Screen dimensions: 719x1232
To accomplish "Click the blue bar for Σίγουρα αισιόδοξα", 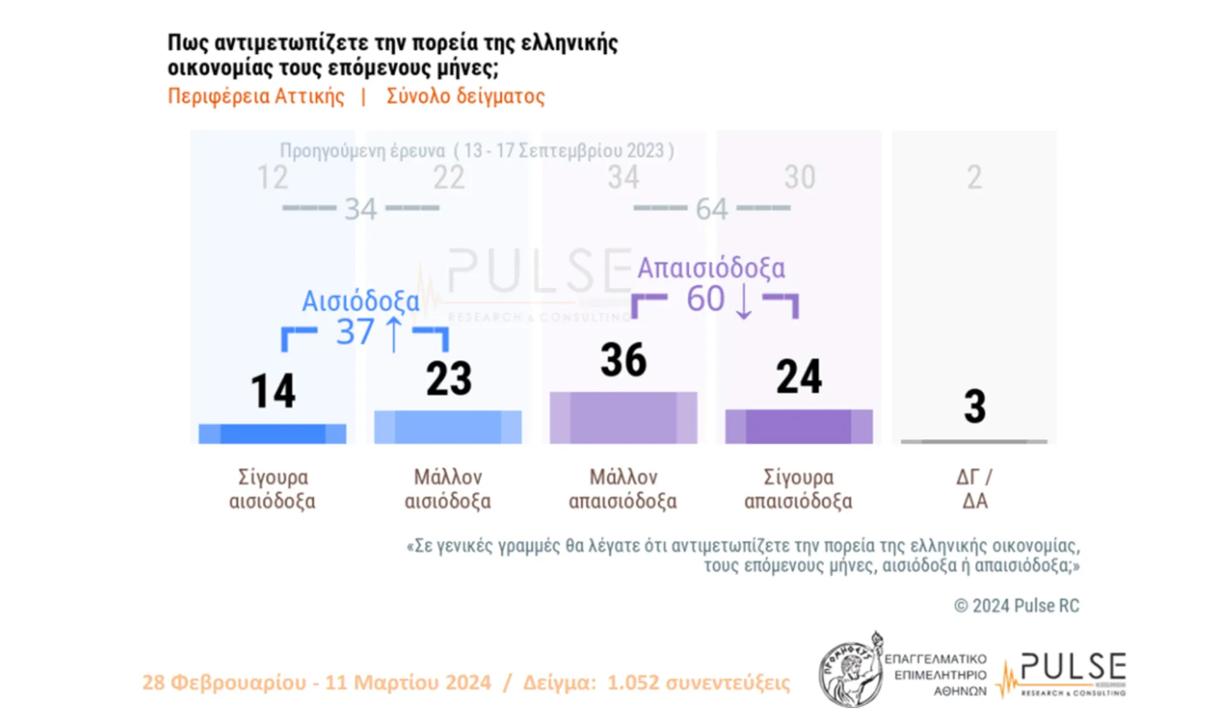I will pyautogui.click(x=272, y=434).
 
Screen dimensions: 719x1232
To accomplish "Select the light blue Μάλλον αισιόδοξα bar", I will pyautogui.click(x=448, y=427).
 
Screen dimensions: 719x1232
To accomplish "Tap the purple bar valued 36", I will pyautogui.click(x=623, y=417).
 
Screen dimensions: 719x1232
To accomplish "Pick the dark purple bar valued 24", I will pyautogui.click(x=798, y=426).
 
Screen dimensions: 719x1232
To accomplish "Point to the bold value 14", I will pyautogui.click(x=273, y=391).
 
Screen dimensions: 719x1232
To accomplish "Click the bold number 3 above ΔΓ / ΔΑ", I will pyautogui.click(x=974, y=406).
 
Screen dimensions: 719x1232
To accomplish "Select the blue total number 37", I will pyautogui.click(x=355, y=332).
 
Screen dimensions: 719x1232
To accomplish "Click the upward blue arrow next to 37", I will pyautogui.click(x=393, y=334).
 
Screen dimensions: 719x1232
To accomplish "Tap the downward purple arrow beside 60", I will pyautogui.click(x=743, y=300).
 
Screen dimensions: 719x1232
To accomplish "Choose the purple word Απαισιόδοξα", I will pyautogui.click(x=711, y=268).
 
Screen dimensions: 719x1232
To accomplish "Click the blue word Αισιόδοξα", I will pyautogui.click(x=360, y=301).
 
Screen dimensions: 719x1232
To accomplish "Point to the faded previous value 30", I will pyautogui.click(x=800, y=177).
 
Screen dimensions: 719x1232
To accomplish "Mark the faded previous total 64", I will pyautogui.click(x=712, y=209).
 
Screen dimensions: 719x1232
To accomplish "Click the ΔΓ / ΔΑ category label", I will pyautogui.click(x=974, y=489).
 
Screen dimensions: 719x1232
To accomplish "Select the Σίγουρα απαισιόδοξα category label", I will pyautogui.click(x=798, y=489).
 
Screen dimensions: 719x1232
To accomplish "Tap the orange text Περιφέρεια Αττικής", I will pyautogui.click(x=255, y=96).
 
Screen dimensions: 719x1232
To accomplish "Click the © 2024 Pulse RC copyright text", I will pyautogui.click(x=1016, y=605).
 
